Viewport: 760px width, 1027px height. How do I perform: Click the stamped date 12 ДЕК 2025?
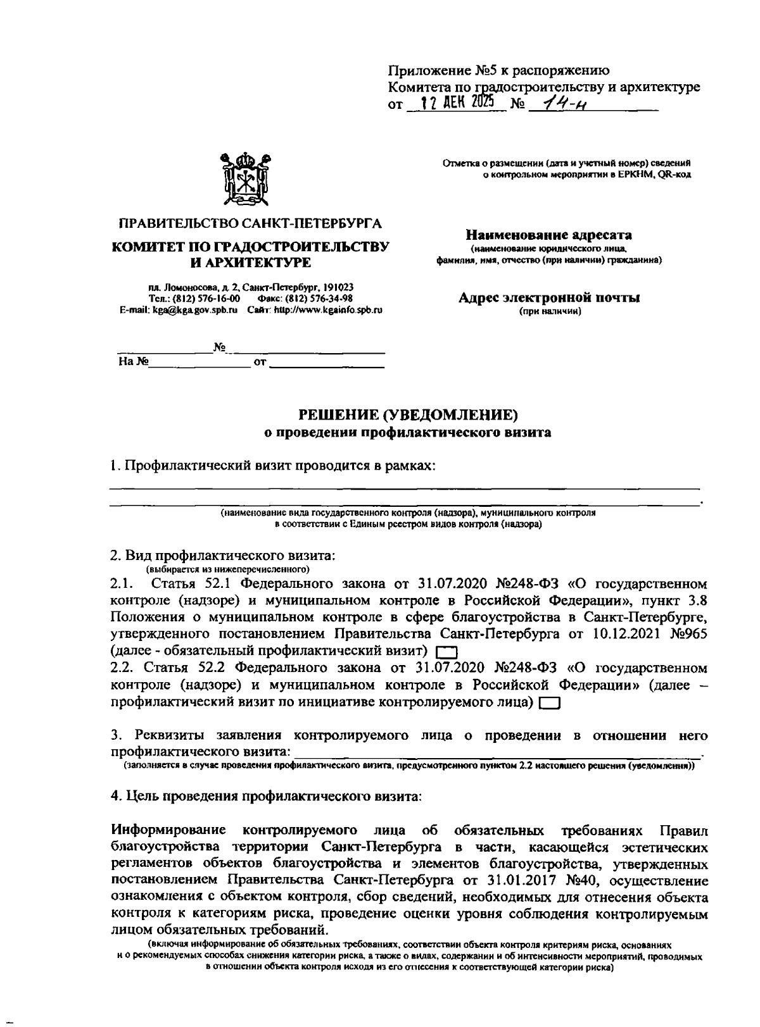click(453, 102)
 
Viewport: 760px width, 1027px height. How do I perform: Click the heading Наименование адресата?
click(548, 235)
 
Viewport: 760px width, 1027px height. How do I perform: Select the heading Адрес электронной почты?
click(548, 297)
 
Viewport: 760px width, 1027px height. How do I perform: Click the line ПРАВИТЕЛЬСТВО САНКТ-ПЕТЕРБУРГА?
click(250, 224)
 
